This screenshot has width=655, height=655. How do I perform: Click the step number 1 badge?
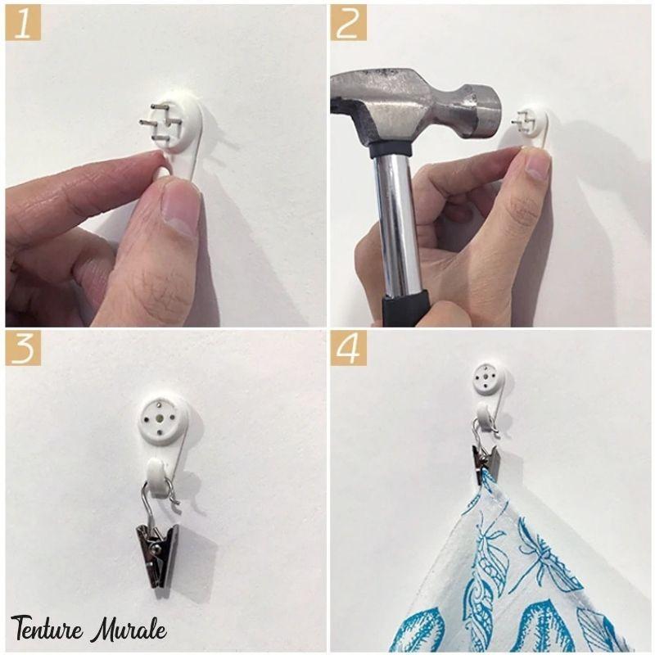coord(23,23)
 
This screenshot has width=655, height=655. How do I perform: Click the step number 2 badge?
coord(349,23)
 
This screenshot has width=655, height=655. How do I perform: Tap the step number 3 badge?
coord(23,349)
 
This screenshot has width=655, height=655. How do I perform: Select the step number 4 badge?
coord(349,349)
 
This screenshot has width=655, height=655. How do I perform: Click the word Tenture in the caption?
coord(47,628)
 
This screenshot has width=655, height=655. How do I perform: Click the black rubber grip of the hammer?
coord(404,309)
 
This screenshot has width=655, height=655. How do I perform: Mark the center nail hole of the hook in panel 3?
coord(160,418)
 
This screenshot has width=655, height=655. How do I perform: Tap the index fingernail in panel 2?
coord(538,165)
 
